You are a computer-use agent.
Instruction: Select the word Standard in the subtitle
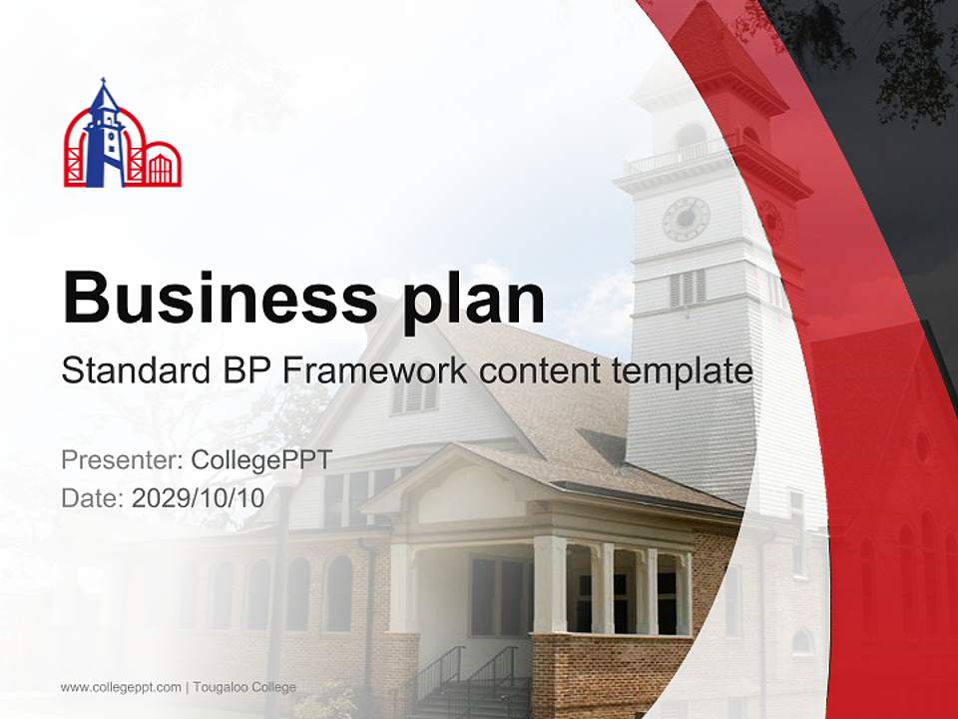click(130, 371)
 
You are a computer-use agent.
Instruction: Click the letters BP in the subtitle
click(239, 371)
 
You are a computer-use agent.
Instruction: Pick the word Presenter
click(120, 461)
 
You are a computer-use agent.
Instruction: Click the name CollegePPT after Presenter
click(260, 461)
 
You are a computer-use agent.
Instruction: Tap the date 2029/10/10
click(198, 498)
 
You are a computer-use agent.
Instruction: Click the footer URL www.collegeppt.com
click(121, 687)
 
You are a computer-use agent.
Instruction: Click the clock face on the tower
click(686, 219)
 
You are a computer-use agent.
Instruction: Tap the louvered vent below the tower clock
click(688, 288)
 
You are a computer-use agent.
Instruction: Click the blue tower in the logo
click(104, 140)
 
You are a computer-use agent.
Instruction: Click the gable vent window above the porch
click(415, 395)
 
